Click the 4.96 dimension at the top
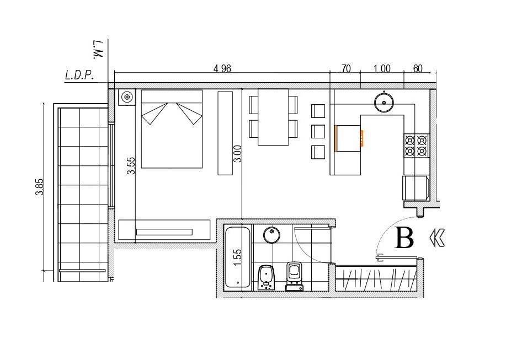point(222,68)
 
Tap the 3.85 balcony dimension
point(39,187)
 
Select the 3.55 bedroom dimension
point(131,165)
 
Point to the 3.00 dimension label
point(237,154)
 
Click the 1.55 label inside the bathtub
point(237,257)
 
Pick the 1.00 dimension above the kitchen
point(382,69)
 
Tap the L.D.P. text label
point(79,76)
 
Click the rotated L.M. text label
point(98,49)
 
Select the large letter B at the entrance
point(404,238)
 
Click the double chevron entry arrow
point(438,238)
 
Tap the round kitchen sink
point(384,103)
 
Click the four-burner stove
point(416,146)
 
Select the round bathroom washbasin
point(271,235)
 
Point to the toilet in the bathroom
point(294,277)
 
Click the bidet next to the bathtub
point(267,277)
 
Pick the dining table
point(273,117)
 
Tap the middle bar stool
point(318,132)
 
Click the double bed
point(172,129)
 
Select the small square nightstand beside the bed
point(127,97)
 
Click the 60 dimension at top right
point(418,69)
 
